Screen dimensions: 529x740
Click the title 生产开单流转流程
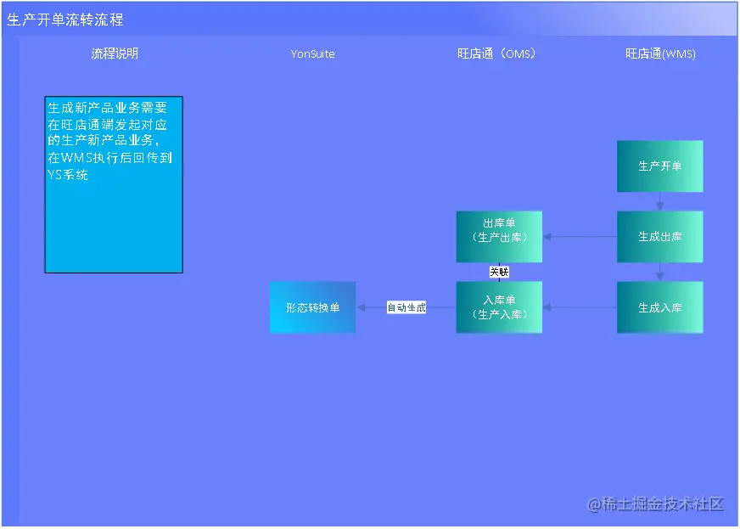coord(65,20)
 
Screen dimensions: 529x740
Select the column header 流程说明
coord(115,53)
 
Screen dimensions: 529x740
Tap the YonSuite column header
coord(312,53)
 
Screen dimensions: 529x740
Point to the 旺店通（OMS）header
coord(496,53)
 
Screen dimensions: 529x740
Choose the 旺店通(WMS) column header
coord(660,53)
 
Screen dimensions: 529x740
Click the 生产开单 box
coord(659,166)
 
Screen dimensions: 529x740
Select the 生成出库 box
coord(659,236)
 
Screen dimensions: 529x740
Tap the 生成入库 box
coord(659,307)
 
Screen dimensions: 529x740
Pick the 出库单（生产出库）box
coord(499,236)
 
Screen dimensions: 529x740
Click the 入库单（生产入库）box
coord(499,307)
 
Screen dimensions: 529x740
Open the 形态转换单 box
coord(312,307)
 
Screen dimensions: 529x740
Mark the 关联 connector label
coord(499,272)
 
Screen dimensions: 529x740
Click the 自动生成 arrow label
coord(406,307)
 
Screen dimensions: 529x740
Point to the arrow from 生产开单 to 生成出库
coord(659,201)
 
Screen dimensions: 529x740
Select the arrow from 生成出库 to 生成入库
coord(659,272)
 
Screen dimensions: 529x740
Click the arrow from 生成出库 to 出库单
coord(580,236)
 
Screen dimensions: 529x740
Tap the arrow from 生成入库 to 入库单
coord(580,307)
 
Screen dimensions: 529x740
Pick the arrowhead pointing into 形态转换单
coord(362,307)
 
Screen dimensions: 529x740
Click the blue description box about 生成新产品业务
coord(114,184)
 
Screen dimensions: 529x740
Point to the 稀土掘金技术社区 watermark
coord(656,504)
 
